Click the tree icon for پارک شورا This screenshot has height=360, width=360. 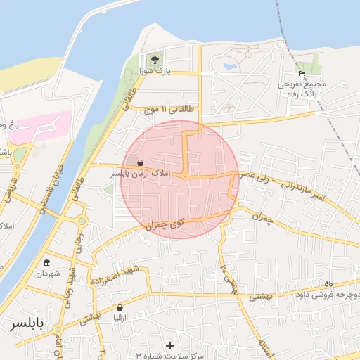pos(155,59)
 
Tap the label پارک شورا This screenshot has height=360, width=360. pos(155,71)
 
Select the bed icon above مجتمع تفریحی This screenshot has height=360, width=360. pos(302,73)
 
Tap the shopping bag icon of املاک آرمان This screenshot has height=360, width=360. pos(140,162)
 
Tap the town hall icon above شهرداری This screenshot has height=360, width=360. pos(47,263)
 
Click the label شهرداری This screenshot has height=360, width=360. pos(47,274)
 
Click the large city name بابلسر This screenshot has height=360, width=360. pos(27,325)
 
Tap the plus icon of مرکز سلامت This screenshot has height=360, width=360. pos(169,345)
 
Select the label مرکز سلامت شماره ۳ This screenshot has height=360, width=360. pos(169,356)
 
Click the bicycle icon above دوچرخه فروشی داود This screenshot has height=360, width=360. pos(328,283)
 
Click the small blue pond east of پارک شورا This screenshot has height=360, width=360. pos(229,67)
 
